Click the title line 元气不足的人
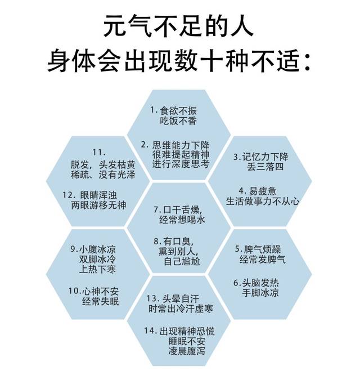pyautogui.click(x=179, y=26)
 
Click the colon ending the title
pyautogui.click(x=307, y=62)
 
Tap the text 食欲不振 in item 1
pyautogui.click(x=178, y=111)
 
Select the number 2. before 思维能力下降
pyautogui.click(x=145, y=145)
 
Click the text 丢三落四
pyautogui.click(x=265, y=167)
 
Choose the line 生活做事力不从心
pyautogui.click(x=263, y=201)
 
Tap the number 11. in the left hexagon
pyautogui.click(x=99, y=153)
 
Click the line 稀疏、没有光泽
pyautogui.click(x=103, y=175)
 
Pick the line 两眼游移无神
pyautogui.click(x=98, y=205)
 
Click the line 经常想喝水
pyautogui.click(x=182, y=220)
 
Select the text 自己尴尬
pyautogui.click(x=182, y=261)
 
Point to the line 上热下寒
pyautogui.click(x=97, y=269)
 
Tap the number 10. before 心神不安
pyautogui.click(x=75, y=291)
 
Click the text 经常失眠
pyautogui.click(x=101, y=301)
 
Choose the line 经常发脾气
pyautogui.click(x=263, y=260)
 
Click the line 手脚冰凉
pyautogui.click(x=260, y=293)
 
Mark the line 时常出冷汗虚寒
pyautogui.click(x=181, y=309)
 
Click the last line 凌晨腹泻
pyautogui.click(x=187, y=351)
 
